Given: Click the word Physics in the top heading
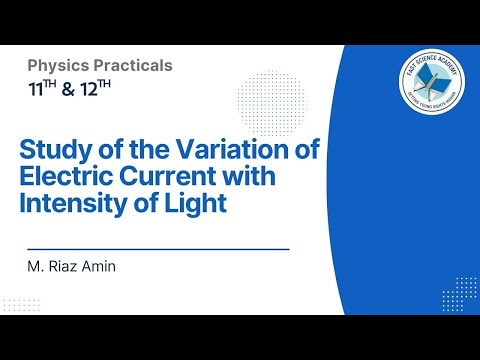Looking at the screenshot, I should [x=57, y=66].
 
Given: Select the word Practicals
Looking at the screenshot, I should [x=131, y=66].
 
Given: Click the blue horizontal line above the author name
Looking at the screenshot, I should [x=157, y=248].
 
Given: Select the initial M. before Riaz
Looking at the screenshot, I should [x=36, y=268].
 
